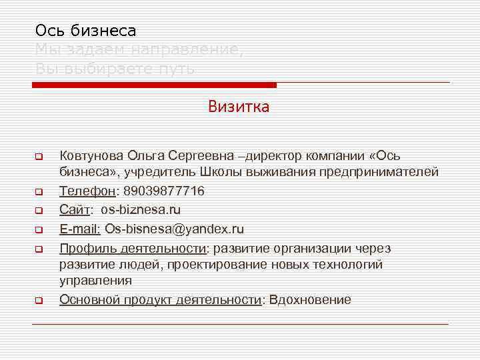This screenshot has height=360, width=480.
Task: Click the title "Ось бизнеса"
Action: pyautogui.click(x=85, y=30)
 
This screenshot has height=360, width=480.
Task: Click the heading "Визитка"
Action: pyautogui.click(x=239, y=107)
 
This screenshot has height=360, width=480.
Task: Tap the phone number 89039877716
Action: pyautogui.click(x=164, y=191)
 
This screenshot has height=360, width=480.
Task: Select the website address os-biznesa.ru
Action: pyautogui.click(x=141, y=210)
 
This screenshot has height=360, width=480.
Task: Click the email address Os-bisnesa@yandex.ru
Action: pyautogui.click(x=174, y=229)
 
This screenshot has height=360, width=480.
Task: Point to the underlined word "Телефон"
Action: pyautogui.click(x=87, y=191)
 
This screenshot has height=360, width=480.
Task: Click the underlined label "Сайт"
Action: pyautogui.click(x=75, y=210)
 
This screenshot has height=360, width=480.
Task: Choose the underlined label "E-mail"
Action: pyautogui.click(x=79, y=229)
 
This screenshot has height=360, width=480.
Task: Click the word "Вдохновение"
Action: pyautogui.click(x=309, y=299)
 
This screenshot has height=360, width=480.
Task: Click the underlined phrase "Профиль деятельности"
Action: pyautogui.click(x=133, y=249)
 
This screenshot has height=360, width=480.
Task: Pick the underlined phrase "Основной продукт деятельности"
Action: pyautogui.click(x=161, y=299)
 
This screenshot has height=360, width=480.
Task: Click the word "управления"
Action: pyautogui.click(x=95, y=281)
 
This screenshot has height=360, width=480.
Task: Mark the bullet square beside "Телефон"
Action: pyautogui.click(x=39, y=192)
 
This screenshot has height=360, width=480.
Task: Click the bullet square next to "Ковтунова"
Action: pyautogui.click(x=39, y=158)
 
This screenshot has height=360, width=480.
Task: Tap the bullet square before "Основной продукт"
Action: pyautogui.click(x=39, y=301)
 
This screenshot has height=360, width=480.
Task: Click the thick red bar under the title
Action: pyautogui.click(x=154, y=85)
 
